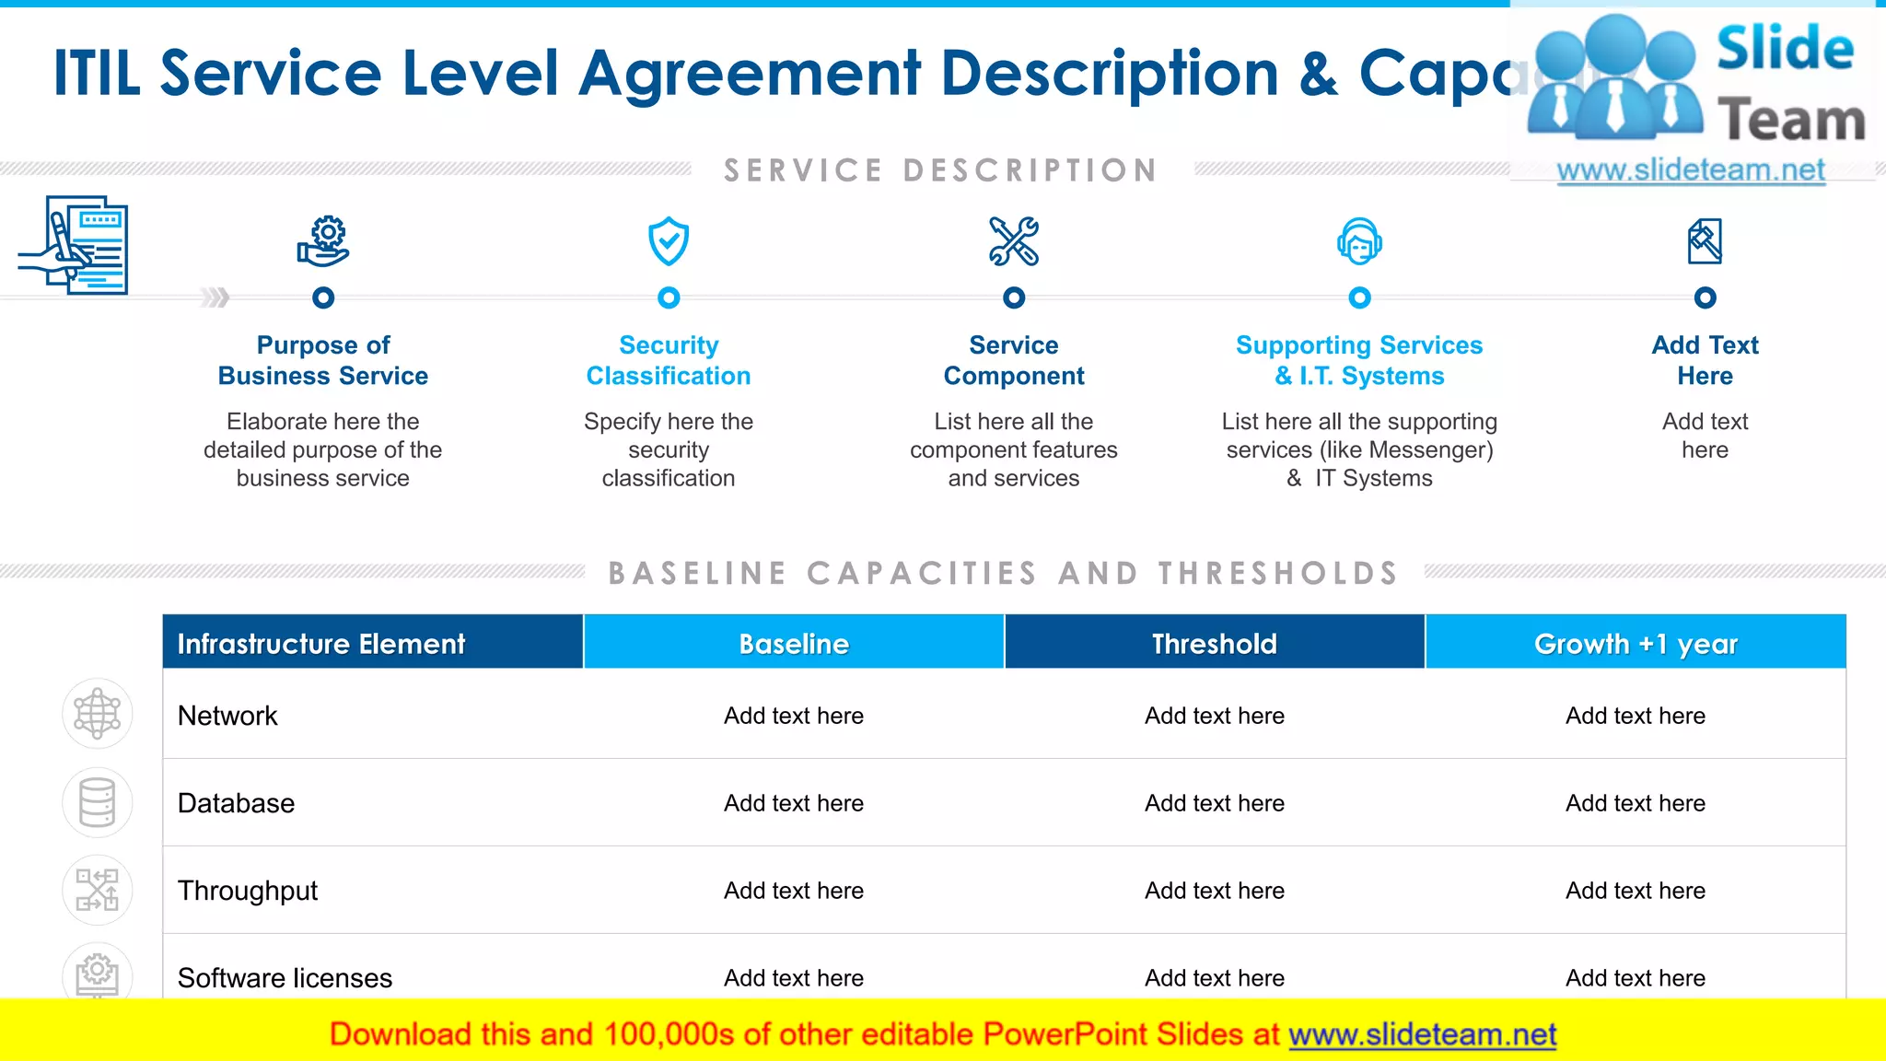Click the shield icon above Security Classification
(x=669, y=241)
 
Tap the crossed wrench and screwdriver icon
(x=1014, y=241)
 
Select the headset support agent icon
(x=1359, y=241)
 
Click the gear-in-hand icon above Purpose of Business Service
(x=323, y=241)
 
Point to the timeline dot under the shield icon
(x=669, y=297)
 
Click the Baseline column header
(x=794, y=643)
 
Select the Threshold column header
(x=1215, y=643)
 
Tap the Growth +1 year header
(x=1636, y=643)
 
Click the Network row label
(x=227, y=716)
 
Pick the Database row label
(x=236, y=803)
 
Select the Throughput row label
(x=248, y=891)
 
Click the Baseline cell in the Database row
(x=794, y=803)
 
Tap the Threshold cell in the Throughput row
(x=1215, y=891)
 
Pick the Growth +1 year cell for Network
(x=1636, y=716)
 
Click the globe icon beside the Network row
(x=98, y=714)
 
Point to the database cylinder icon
(x=98, y=802)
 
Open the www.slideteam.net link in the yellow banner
(x=1422, y=1034)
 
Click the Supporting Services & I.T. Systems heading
(x=1359, y=360)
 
